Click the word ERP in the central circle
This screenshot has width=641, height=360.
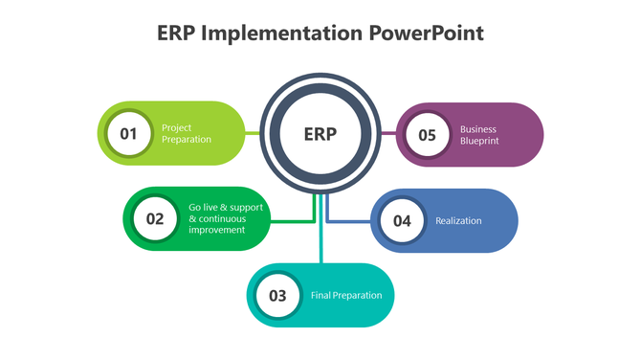coord(320,134)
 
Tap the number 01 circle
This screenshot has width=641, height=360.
coord(129,134)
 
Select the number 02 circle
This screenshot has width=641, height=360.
coord(155,218)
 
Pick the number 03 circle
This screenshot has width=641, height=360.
coord(277,295)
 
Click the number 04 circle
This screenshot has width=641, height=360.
coord(402,221)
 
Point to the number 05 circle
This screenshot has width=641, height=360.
coord(428,134)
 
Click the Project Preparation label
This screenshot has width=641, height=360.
coord(187,134)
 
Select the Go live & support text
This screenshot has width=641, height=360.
coord(225,208)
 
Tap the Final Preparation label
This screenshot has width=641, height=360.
coord(346,295)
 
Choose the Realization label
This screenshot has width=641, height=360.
coord(458,221)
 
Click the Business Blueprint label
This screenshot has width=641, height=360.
coord(479,134)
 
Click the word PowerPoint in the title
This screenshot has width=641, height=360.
coord(426,34)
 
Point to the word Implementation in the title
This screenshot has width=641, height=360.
coord(281,34)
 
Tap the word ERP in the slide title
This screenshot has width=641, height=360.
coord(177,34)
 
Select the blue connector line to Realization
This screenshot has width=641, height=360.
coord(349,221)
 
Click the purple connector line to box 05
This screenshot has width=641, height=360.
coord(387,134)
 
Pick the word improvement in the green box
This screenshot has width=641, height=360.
coord(217,230)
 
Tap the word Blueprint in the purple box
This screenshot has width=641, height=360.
coord(480,140)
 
